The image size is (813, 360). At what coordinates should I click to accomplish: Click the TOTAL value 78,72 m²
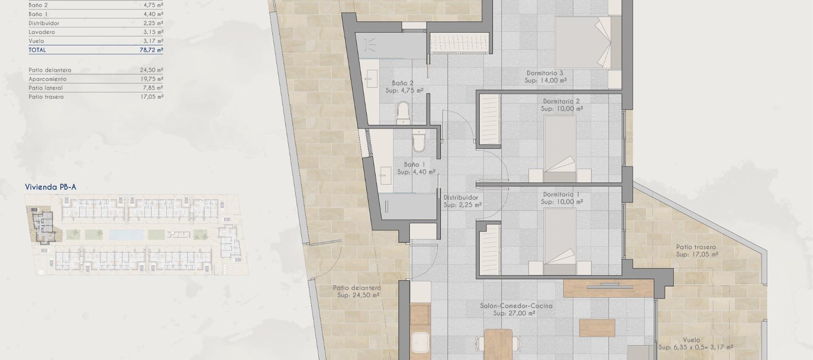point(151,50)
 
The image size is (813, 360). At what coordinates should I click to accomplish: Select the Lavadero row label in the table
point(42,32)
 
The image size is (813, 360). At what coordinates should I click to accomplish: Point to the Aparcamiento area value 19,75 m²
point(151,79)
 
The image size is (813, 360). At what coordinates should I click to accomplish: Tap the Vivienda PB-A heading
point(50,187)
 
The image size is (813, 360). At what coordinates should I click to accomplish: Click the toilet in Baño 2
point(404,113)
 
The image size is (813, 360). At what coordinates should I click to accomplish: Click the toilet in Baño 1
point(418,141)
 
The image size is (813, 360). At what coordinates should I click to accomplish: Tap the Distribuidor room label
point(461,198)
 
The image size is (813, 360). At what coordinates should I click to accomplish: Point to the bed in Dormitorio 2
point(560,144)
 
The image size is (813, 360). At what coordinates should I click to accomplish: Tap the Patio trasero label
point(696,247)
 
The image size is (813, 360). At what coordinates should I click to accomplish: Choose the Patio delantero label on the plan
point(357,288)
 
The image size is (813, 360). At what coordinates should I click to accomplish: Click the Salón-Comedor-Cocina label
point(516,306)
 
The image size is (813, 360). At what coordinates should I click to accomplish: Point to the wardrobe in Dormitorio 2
point(489,120)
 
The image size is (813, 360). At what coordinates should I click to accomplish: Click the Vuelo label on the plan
point(691,340)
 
